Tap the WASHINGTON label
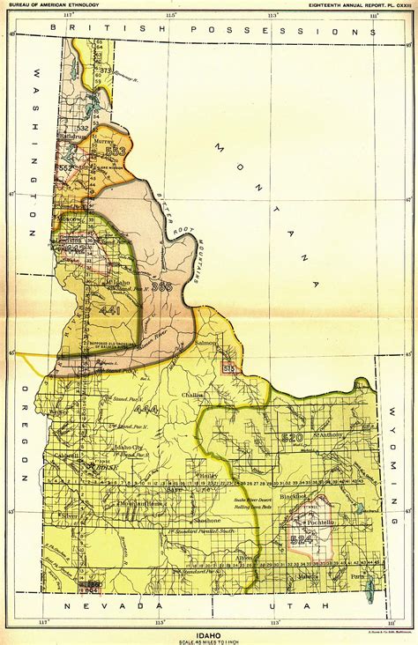pos(34,150)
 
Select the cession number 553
pos(115,151)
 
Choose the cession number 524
pos(302,541)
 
